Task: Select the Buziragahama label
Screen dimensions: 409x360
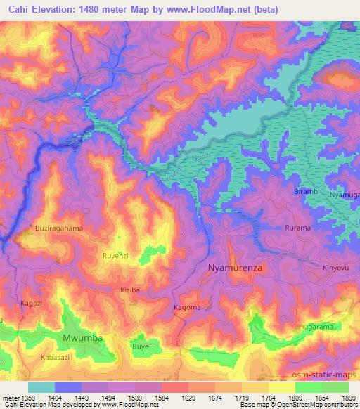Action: pyautogui.click(x=58, y=228)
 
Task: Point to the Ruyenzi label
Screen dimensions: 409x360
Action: pyautogui.click(x=117, y=256)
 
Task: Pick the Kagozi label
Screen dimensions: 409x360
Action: pyautogui.click(x=32, y=302)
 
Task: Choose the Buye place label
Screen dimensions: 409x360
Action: pyautogui.click(x=141, y=346)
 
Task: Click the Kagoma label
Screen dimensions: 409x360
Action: pyautogui.click(x=187, y=308)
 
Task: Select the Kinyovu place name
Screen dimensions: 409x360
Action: pyautogui.click(x=316, y=268)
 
